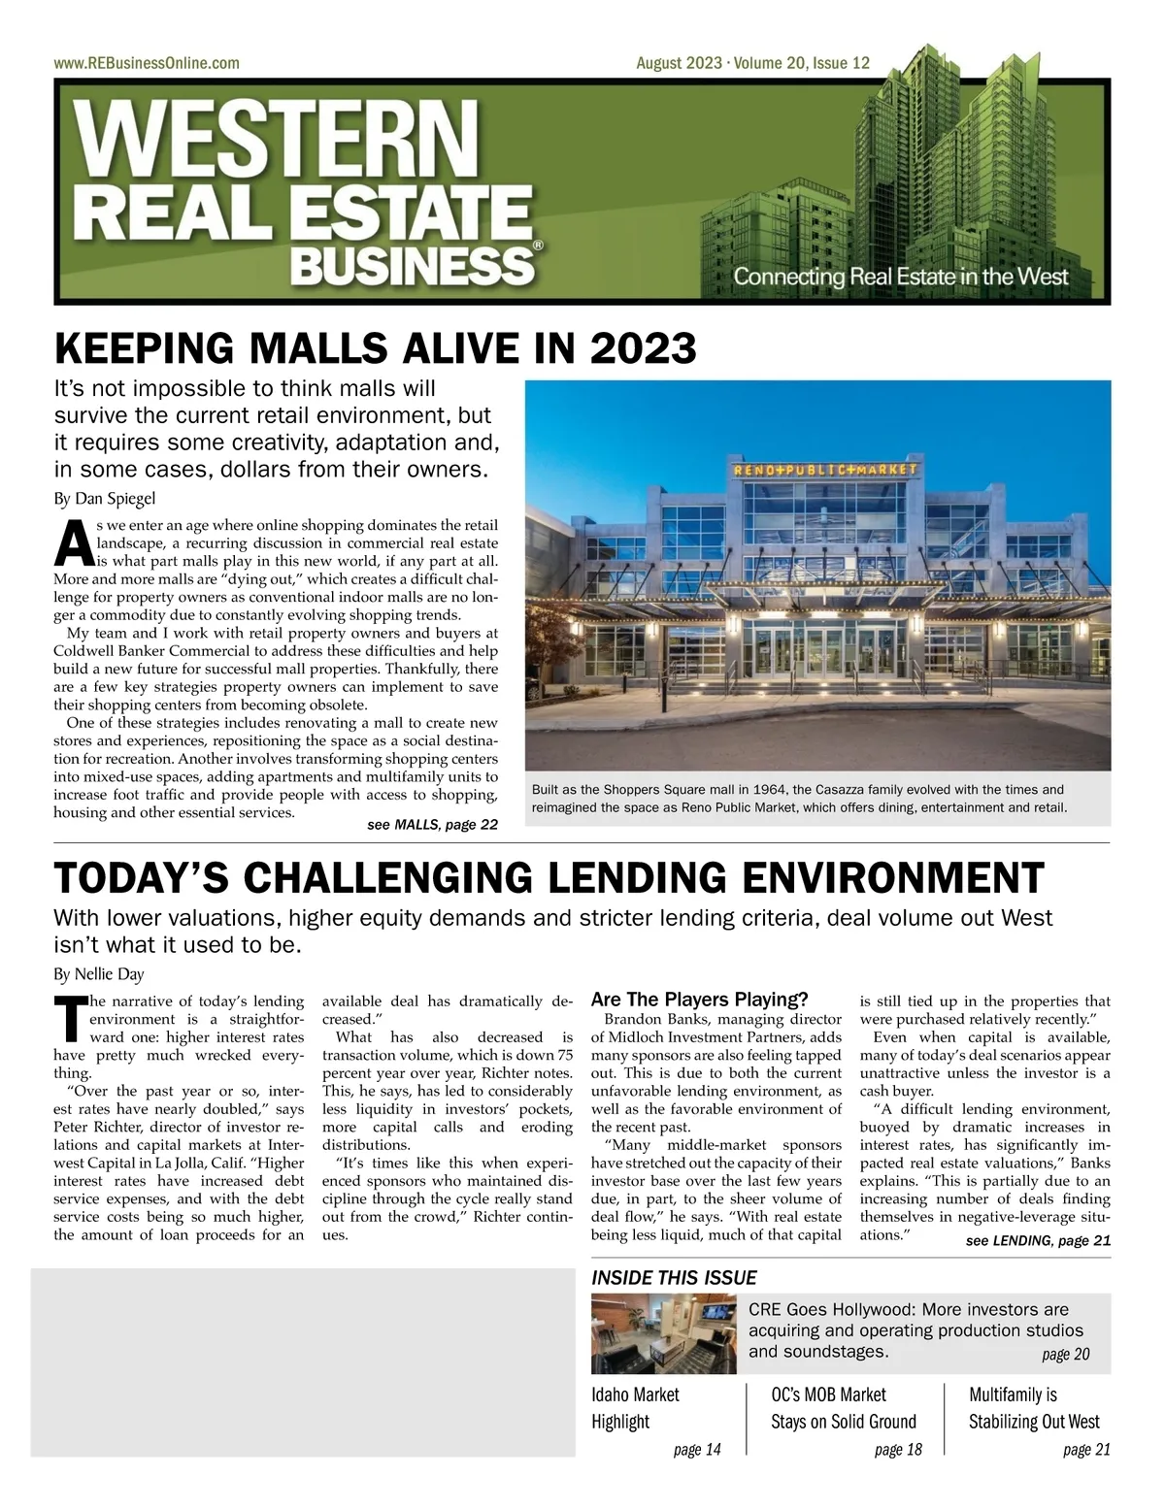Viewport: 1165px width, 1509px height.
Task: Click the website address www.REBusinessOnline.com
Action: click(147, 63)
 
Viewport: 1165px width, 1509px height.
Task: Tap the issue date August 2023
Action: click(679, 63)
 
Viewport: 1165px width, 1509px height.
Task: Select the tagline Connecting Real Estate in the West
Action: click(900, 276)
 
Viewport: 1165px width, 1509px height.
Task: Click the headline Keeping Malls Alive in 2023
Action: click(375, 348)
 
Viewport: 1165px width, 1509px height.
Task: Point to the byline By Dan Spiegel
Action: click(104, 499)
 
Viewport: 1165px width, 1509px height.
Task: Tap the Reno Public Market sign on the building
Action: click(823, 470)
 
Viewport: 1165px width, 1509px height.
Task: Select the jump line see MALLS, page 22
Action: click(432, 825)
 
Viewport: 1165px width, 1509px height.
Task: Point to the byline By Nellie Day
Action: click(98, 973)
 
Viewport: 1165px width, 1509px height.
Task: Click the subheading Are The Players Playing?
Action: click(699, 1000)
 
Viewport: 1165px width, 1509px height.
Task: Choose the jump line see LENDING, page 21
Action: click(1038, 1240)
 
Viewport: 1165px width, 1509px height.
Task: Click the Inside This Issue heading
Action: click(674, 1278)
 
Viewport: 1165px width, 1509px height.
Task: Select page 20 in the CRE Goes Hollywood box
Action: click(1065, 1355)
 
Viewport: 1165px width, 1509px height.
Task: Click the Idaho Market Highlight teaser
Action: click(635, 1408)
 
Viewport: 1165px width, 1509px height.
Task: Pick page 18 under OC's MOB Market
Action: click(898, 1450)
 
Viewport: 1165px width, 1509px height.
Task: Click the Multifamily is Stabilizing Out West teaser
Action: click(1033, 1408)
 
